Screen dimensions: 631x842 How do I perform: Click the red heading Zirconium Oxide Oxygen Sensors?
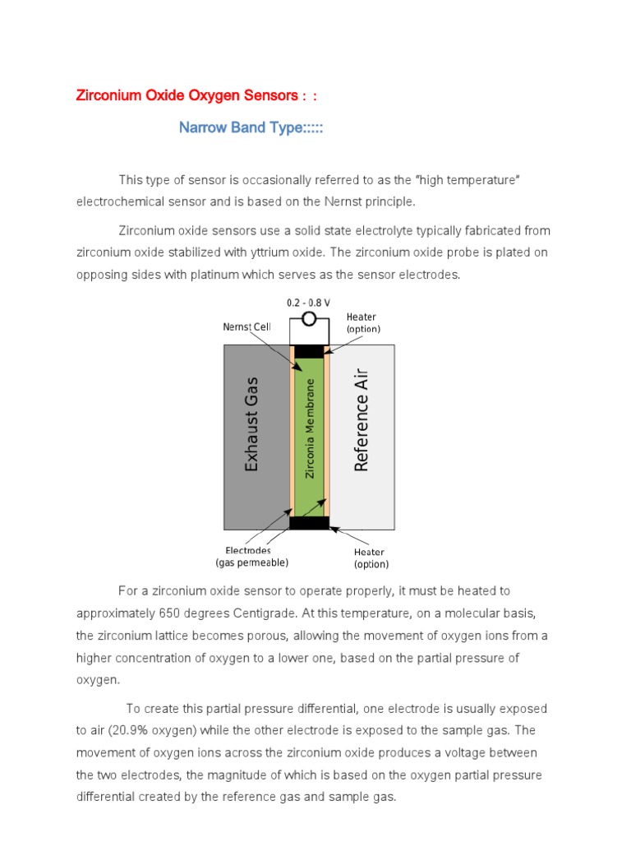[187, 95]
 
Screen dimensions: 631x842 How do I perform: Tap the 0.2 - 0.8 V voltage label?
[309, 303]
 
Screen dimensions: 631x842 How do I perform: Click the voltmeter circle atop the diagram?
[309, 319]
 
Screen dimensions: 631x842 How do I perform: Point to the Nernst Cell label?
[246, 326]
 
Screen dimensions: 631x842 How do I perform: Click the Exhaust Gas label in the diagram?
[252, 424]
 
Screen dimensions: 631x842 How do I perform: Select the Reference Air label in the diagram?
[362, 420]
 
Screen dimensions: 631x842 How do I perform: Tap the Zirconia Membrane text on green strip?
[310, 428]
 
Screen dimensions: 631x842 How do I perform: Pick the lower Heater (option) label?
[371, 557]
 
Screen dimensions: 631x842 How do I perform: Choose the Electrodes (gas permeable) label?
[251, 556]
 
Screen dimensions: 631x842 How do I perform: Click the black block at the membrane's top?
[309, 351]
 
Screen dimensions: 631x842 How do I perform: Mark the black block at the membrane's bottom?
[309, 522]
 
